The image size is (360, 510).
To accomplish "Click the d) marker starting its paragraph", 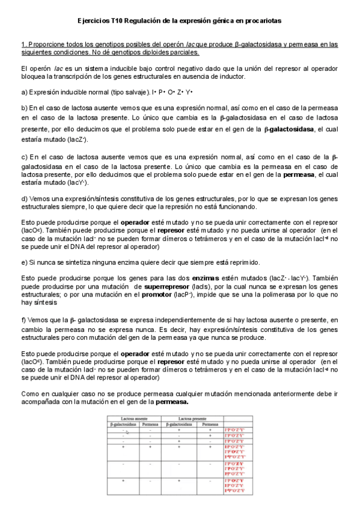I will [24, 197].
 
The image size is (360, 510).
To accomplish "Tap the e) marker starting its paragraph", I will [24, 262].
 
